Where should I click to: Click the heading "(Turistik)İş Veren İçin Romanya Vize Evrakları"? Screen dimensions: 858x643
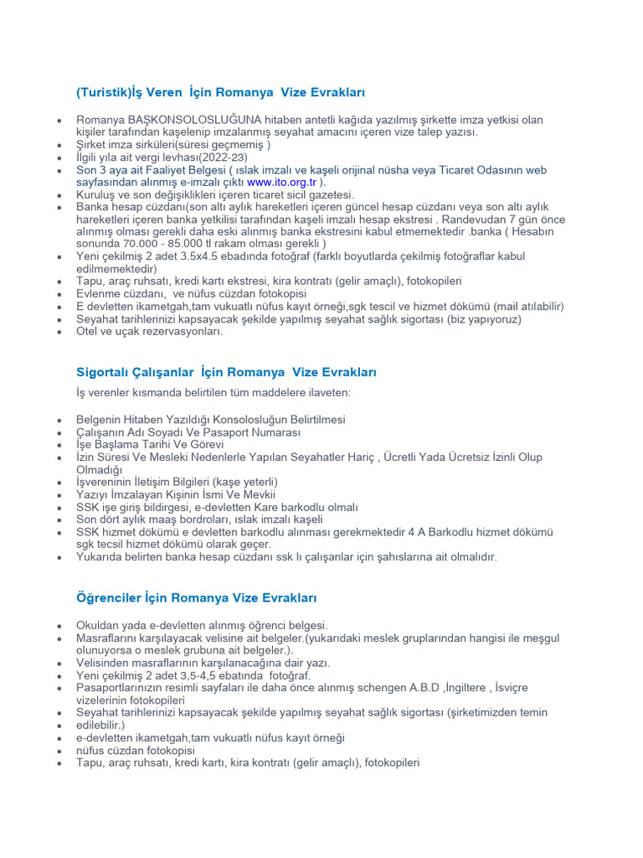click(x=219, y=91)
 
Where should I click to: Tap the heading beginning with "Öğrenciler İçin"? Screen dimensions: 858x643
click(x=195, y=598)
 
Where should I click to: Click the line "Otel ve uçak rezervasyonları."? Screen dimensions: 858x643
click(x=150, y=332)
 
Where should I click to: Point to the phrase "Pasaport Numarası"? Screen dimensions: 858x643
click(x=245, y=432)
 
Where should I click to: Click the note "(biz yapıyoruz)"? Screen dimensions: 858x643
click(x=481, y=319)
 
